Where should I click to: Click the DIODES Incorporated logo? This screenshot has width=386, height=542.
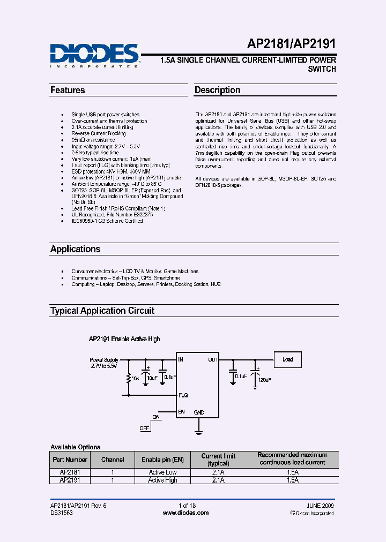click(95, 55)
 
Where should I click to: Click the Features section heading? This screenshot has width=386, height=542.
click(68, 90)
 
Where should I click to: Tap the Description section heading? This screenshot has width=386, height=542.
click(217, 90)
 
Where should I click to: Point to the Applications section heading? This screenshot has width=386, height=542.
click(75, 249)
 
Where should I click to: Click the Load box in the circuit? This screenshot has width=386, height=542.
click(288, 359)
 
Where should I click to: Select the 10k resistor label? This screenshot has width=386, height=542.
click(135, 379)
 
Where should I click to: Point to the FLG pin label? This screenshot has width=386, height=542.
click(184, 395)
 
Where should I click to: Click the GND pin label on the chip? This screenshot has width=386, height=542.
click(199, 412)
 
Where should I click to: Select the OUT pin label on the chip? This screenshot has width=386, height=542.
click(213, 360)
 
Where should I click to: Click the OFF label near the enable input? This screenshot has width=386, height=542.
click(144, 428)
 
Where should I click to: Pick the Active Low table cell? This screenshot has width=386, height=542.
click(162, 472)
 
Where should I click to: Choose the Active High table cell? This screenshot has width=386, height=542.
click(162, 480)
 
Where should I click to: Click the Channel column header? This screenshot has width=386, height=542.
click(113, 460)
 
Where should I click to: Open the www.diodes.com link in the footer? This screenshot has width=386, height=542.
click(185, 513)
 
